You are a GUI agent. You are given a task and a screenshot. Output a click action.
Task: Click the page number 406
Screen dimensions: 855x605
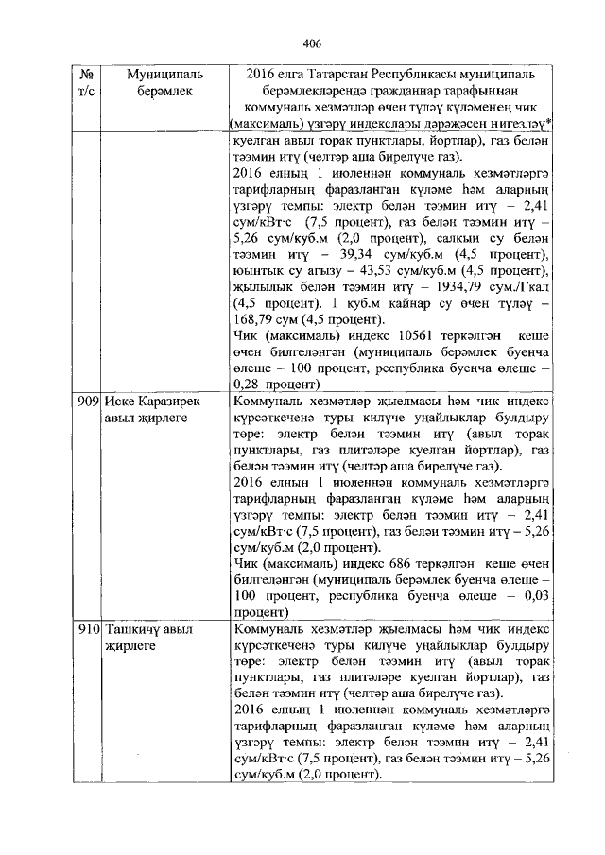pyautogui.click(x=313, y=43)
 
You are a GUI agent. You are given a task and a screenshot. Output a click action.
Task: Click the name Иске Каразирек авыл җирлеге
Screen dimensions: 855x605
pyautogui.click(x=151, y=411)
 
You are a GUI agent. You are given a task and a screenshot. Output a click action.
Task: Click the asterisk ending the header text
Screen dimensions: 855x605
pyautogui.click(x=551, y=122)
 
